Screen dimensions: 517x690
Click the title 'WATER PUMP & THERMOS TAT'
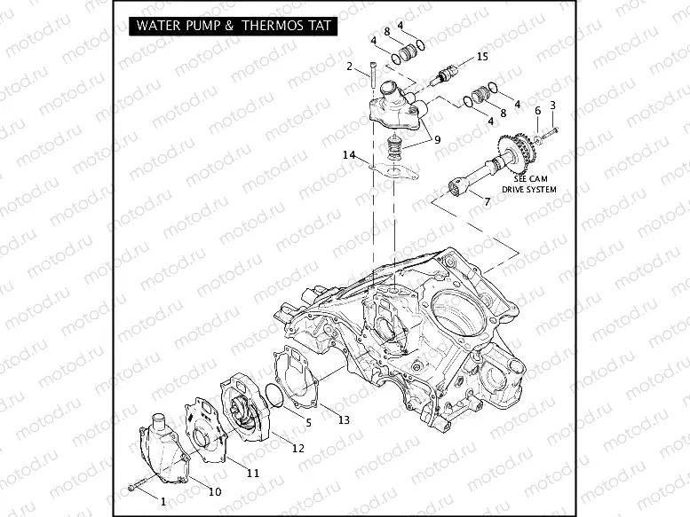(x=234, y=26)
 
